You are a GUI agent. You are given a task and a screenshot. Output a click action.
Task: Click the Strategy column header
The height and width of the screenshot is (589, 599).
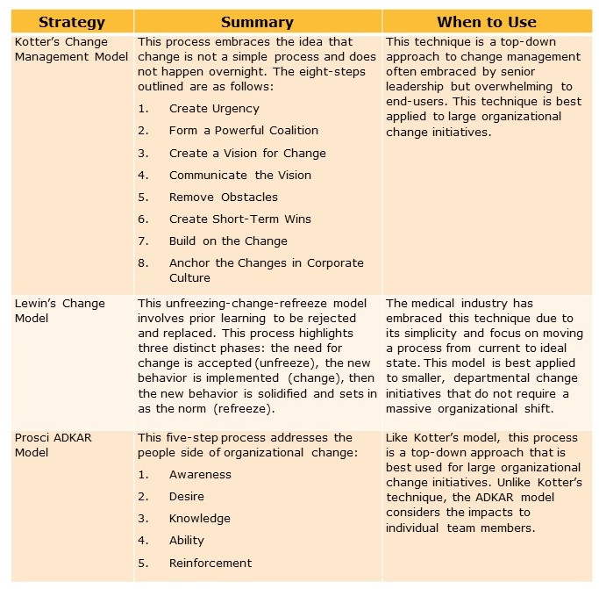pos(72,22)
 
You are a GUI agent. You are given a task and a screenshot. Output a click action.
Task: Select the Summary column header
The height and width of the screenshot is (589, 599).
pos(258,22)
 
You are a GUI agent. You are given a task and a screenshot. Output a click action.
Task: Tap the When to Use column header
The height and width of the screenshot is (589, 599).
pos(486,22)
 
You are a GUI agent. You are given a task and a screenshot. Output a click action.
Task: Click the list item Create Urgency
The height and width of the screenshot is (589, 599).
pos(214,109)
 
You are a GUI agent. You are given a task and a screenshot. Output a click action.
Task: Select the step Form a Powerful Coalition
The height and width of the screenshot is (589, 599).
pos(244,131)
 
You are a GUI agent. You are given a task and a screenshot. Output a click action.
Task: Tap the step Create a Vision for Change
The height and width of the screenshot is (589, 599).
pos(247,153)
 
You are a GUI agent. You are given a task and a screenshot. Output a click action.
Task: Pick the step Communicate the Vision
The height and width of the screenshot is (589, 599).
pos(240,175)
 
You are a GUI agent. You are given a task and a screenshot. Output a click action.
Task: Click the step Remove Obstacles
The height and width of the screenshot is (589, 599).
pos(224,197)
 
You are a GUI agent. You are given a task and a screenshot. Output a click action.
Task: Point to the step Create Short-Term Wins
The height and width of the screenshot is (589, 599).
pos(240,219)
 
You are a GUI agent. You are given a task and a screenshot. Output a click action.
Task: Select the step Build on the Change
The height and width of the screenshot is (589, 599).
pos(228,241)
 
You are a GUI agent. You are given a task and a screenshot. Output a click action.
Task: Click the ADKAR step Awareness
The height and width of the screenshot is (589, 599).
pos(200,475)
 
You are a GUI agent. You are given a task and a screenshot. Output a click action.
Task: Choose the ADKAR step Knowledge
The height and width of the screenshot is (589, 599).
pos(200,519)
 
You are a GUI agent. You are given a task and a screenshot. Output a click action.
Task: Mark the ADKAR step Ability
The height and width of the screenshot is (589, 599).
pos(187,541)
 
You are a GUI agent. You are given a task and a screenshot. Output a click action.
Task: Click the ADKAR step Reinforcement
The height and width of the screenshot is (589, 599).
pos(210,564)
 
